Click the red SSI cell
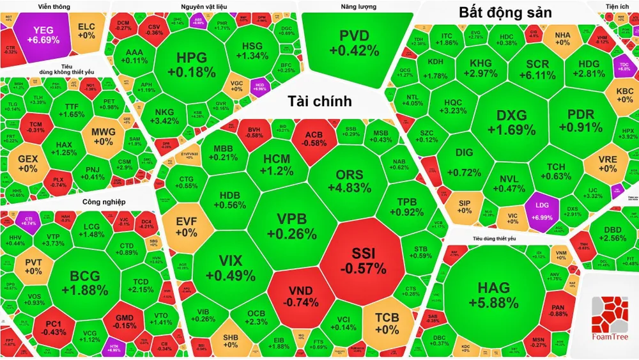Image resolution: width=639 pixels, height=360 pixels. pyautogui.click(x=362, y=260)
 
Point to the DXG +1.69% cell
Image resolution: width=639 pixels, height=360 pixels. pyautogui.click(x=511, y=123)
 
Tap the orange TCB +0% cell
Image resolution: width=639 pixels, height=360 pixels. pyautogui.click(x=387, y=324)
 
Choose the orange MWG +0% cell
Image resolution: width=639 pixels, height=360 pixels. pyautogui.click(x=103, y=136)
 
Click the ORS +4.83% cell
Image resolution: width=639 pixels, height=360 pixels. pyautogui.click(x=349, y=182)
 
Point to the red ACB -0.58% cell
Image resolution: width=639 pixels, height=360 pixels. pyautogui.click(x=313, y=139)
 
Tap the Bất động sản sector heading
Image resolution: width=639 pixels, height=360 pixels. pyautogui.click(x=505, y=13)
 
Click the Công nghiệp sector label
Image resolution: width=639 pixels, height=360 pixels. pyautogui.click(x=102, y=203)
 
